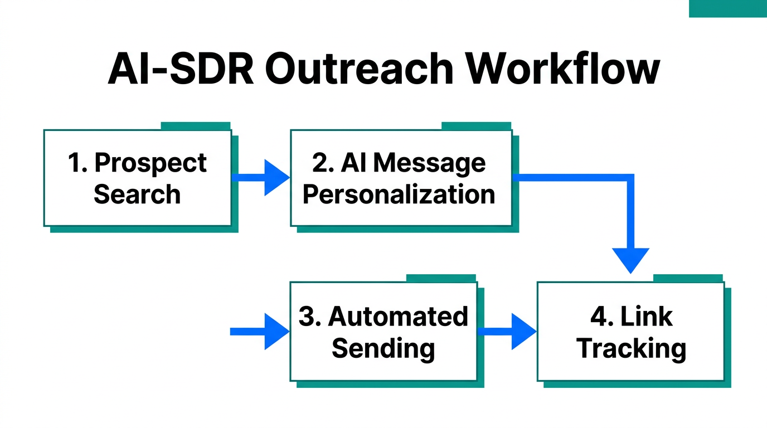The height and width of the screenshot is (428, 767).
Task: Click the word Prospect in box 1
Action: [151, 163]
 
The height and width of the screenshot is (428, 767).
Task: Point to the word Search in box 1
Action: [137, 194]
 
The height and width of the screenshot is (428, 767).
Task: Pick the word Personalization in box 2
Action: [399, 194]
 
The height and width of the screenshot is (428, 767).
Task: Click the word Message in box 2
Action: [429, 163]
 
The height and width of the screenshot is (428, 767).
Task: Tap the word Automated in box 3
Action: [398, 317]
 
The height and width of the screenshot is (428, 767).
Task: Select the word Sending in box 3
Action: [383, 348]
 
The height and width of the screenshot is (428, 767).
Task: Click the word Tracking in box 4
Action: [631, 348]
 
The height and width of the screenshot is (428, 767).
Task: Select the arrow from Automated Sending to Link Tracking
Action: [507, 332]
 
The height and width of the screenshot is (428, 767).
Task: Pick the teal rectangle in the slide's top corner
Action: [727, 8]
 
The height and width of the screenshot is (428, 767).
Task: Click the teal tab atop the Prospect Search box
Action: [196, 126]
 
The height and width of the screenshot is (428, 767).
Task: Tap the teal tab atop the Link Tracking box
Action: [688, 278]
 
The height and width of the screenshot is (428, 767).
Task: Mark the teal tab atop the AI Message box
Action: [476, 126]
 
